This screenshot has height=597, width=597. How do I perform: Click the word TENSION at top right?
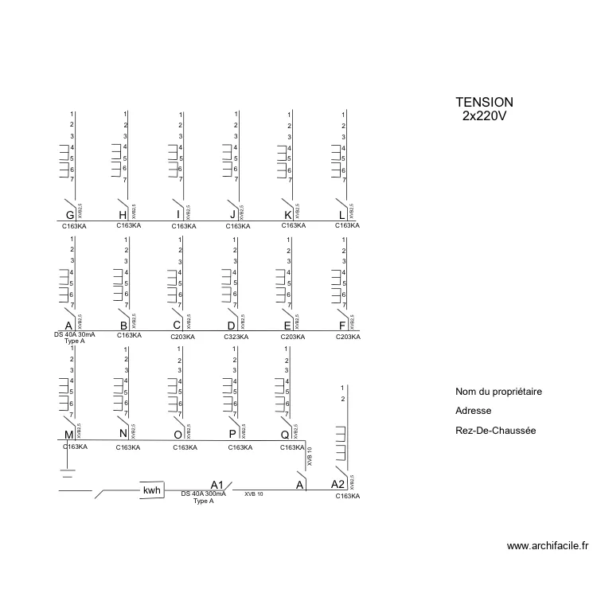coord(484,103)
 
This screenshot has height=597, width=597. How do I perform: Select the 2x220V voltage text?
coord(484,116)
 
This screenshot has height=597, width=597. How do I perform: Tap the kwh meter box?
coord(152,490)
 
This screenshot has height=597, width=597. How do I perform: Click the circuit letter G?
coord(70,216)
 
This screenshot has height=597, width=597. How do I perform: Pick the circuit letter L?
coord(342,216)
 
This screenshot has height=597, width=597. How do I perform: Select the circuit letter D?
coord(232,326)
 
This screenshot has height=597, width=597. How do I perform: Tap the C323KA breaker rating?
coord(237,337)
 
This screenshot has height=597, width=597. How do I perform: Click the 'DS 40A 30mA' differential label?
coord(74,335)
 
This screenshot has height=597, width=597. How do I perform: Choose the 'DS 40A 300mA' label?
coord(204,494)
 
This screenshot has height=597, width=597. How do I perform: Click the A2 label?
coord(338,485)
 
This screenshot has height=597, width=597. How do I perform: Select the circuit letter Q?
coord(285,435)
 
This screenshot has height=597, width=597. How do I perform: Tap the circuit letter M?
coord(69,435)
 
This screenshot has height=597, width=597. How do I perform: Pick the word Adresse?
coord(473,411)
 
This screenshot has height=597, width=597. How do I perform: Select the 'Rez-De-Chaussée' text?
coord(495,431)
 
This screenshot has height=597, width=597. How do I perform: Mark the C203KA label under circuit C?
coord(184,337)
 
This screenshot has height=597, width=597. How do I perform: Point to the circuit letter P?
coord(232,435)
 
